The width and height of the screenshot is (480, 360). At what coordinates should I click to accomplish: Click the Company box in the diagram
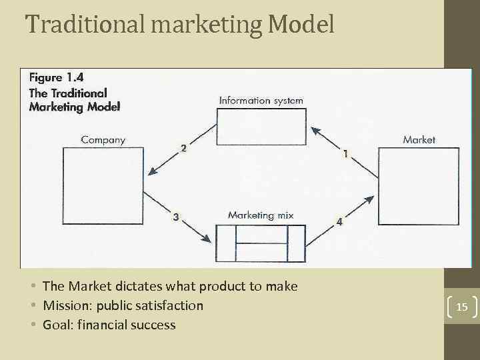coord(103,181)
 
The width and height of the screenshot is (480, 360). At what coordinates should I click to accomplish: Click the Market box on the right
coord(418,186)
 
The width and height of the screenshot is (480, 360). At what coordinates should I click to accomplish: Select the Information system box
coord(261,126)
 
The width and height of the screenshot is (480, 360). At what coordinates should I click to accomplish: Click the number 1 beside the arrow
coord(345,154)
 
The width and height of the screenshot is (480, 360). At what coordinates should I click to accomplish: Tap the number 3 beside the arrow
coord(175,217)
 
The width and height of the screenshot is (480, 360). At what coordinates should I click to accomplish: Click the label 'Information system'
coord(261,101)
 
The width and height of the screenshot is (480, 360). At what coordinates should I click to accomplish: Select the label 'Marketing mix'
coord(261,215)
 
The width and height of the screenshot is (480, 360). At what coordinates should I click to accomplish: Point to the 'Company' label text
coord(103,139)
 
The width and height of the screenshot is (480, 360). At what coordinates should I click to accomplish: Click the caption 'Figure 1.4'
coord(56,77)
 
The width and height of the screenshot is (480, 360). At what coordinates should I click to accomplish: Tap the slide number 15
coord(462,307)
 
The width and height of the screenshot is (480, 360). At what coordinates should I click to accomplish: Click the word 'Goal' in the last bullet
coord(56,325)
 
